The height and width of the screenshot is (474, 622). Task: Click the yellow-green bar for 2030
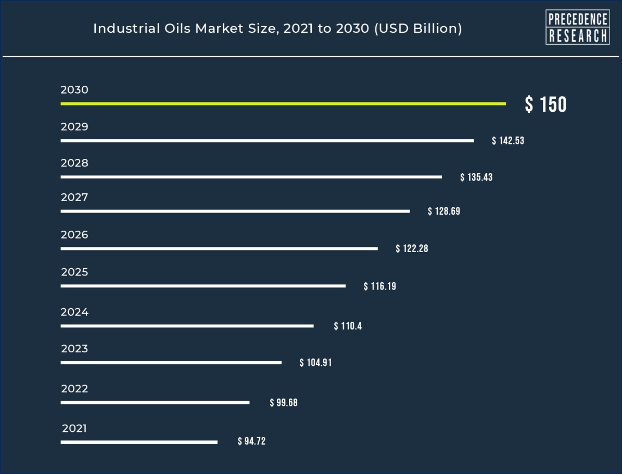click(x=283, y=104)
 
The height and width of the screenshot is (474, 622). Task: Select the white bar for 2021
click(x=138, y=442)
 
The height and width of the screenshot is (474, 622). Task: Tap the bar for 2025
click(x=203, y=286)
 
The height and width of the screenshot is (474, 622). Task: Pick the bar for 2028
click(x=251, y=177)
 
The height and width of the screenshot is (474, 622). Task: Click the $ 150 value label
click(x=545, y=104)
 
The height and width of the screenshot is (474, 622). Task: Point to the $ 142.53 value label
click(x=507, y=141)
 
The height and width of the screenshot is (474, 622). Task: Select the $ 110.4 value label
click(x=348, y=326)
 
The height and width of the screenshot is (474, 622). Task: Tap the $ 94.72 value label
click(x=251, y=442)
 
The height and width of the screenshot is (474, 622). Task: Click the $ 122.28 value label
click(x=412, y=249)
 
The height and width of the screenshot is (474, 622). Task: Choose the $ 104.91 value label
click(x=315, y=363)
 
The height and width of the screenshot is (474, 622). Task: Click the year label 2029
click(x=74, y=127)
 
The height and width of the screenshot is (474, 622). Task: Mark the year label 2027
click(x=74, y=197)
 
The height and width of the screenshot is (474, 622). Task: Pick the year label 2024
click(x=74, y=312)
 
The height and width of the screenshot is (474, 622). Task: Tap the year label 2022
click(x=74, y=389)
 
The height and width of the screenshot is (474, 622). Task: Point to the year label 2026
click(x=74, y=235)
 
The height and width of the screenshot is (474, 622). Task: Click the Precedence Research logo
click(x=577, y=28)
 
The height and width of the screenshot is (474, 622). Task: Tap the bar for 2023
click(x=171, y=363)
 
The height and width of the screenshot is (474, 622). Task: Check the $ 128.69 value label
click(x=443, y=212)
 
